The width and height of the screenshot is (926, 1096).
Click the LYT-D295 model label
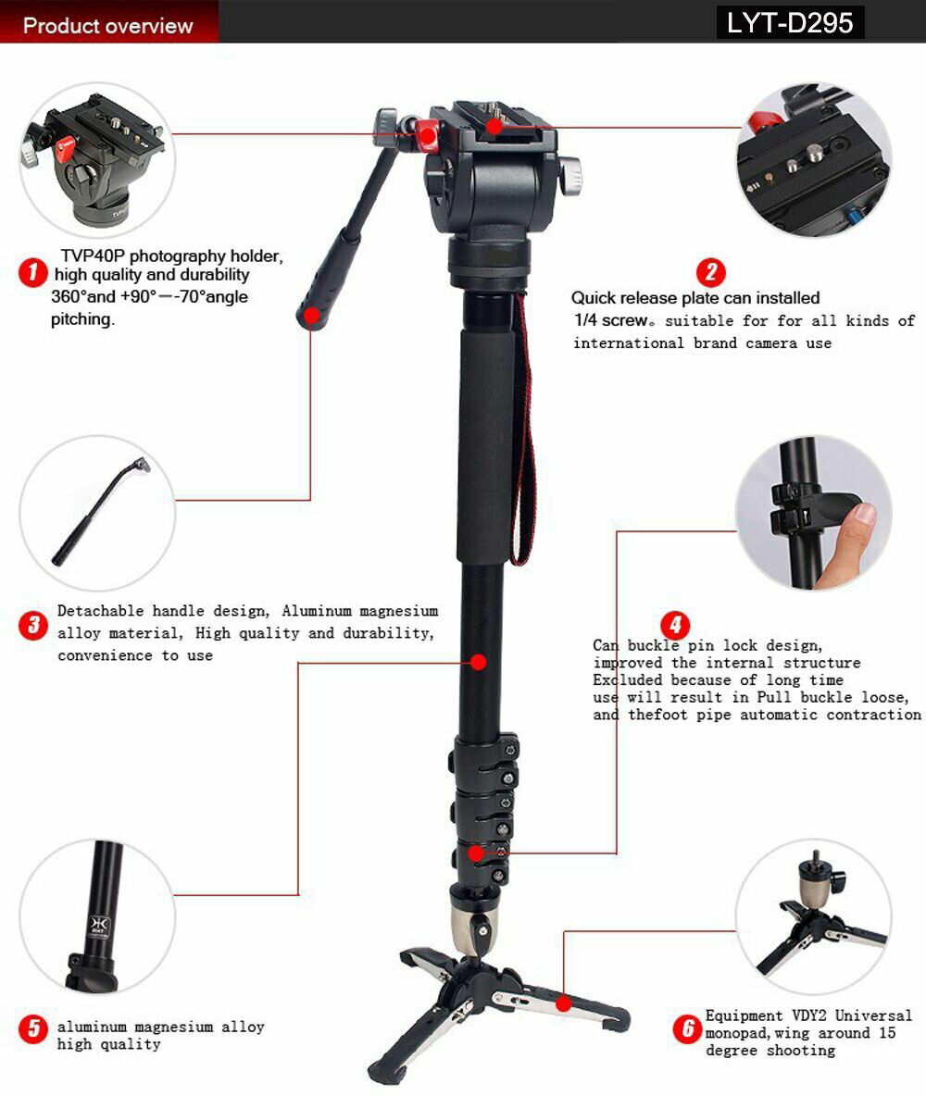[x=790, y=22]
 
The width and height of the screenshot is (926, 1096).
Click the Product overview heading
[x=107, y=25]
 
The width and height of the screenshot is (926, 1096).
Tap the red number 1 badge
[x=32, y=272]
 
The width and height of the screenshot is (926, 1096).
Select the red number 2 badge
[x=710, y=272]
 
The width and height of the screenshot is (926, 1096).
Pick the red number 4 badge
[x=675, y=625]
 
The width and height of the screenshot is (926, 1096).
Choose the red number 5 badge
[x=32, y=1029]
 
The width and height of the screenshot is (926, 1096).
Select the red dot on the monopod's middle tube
[x=478, y=662]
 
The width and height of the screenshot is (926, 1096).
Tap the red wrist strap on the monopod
[x=524, y=444]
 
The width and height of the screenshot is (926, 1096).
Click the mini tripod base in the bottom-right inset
[x=815, y=926]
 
